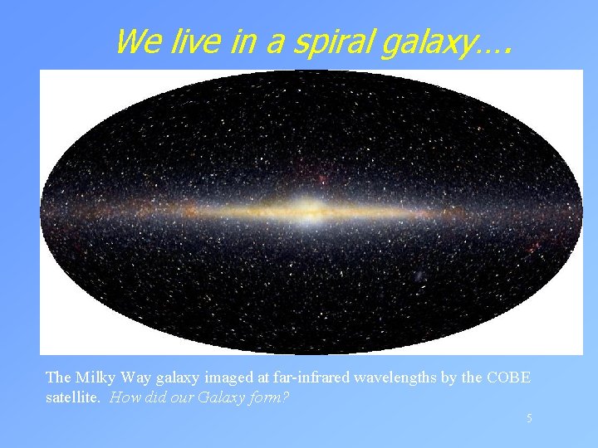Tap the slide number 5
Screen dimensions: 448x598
pos(528,419)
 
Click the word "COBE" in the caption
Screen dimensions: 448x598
pos(508,378)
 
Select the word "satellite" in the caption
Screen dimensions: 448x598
pos(72,397)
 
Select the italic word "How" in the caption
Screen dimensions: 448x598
pos(124,397)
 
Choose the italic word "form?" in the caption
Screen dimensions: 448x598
pos(270,397)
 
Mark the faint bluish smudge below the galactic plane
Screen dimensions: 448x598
pos(420,275)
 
